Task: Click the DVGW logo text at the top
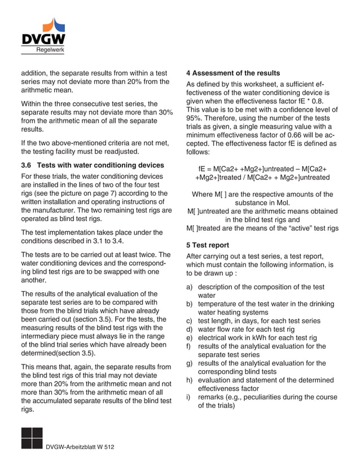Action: pyautogui.click(x=43, y=39)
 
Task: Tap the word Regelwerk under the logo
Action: pyautogui.click(x=50, y=50)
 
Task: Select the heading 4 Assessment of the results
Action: pyautogui.click(x=232, y=73)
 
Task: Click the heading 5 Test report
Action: pyautogui.click(x=208, y=245)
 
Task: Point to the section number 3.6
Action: pyautogui.click(x=28, y=165)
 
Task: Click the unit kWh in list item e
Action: pyautogui.click(x=259, y=338)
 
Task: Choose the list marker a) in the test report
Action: pyautogui.click(x=190, y=287)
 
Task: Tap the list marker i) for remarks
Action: pyautogui.click(x=189, y=397)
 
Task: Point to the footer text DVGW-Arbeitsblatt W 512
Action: pyautogui.click(x=80, y=447)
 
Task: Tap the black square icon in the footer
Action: pyautogui.click(x=31, y=438)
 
